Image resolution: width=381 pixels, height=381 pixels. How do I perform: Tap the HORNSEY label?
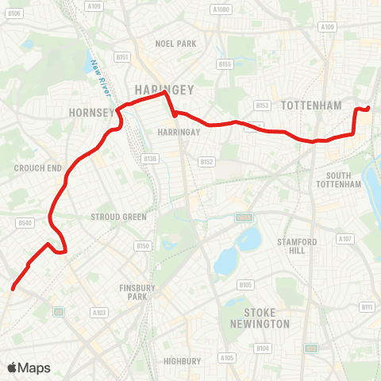[92, 112]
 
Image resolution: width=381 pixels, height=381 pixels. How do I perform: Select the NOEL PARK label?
[176, 44]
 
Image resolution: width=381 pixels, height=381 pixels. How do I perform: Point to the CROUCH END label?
[38, 168]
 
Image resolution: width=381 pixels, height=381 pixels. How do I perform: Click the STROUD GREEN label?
[119, 217]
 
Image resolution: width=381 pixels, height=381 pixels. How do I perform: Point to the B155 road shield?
[225, 64]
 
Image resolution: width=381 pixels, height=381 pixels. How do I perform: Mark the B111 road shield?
[366, 306]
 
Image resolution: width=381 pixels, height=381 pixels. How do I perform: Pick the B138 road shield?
[151, 160]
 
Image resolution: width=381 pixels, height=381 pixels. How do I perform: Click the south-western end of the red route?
[13, 288]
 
